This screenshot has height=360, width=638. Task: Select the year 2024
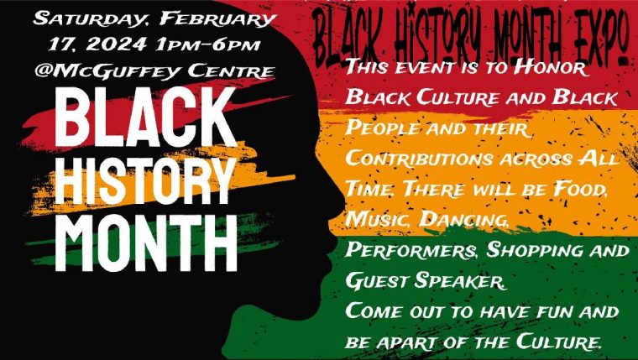(117, 44)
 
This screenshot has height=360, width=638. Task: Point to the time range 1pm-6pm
(208, 44)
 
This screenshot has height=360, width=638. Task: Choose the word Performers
(412, 251)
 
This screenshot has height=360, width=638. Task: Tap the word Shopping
(531, 251)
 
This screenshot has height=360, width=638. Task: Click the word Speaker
(460, 281)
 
